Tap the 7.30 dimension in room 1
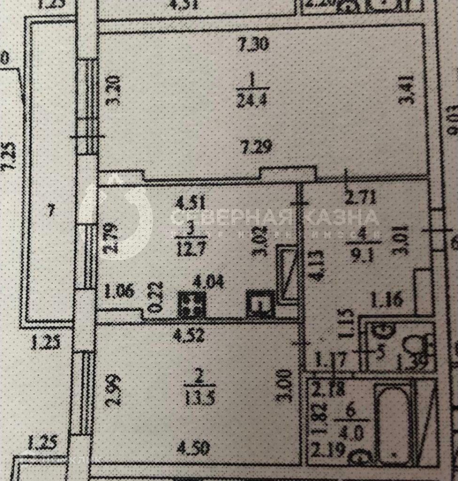(255, 45)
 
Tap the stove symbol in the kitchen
(192, 304)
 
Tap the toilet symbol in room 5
(413, 346)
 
